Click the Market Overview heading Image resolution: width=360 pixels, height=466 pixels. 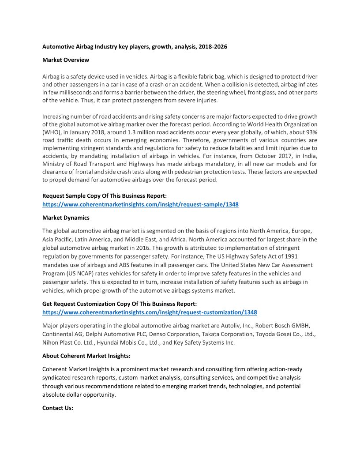pos(65,60)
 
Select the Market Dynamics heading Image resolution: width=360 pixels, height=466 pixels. pos(66,218)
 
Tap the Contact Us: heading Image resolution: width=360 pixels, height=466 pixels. pos(57,408)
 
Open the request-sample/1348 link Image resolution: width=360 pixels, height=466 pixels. pos(140,204)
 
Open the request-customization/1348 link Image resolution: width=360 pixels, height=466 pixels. pos(150,312)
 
